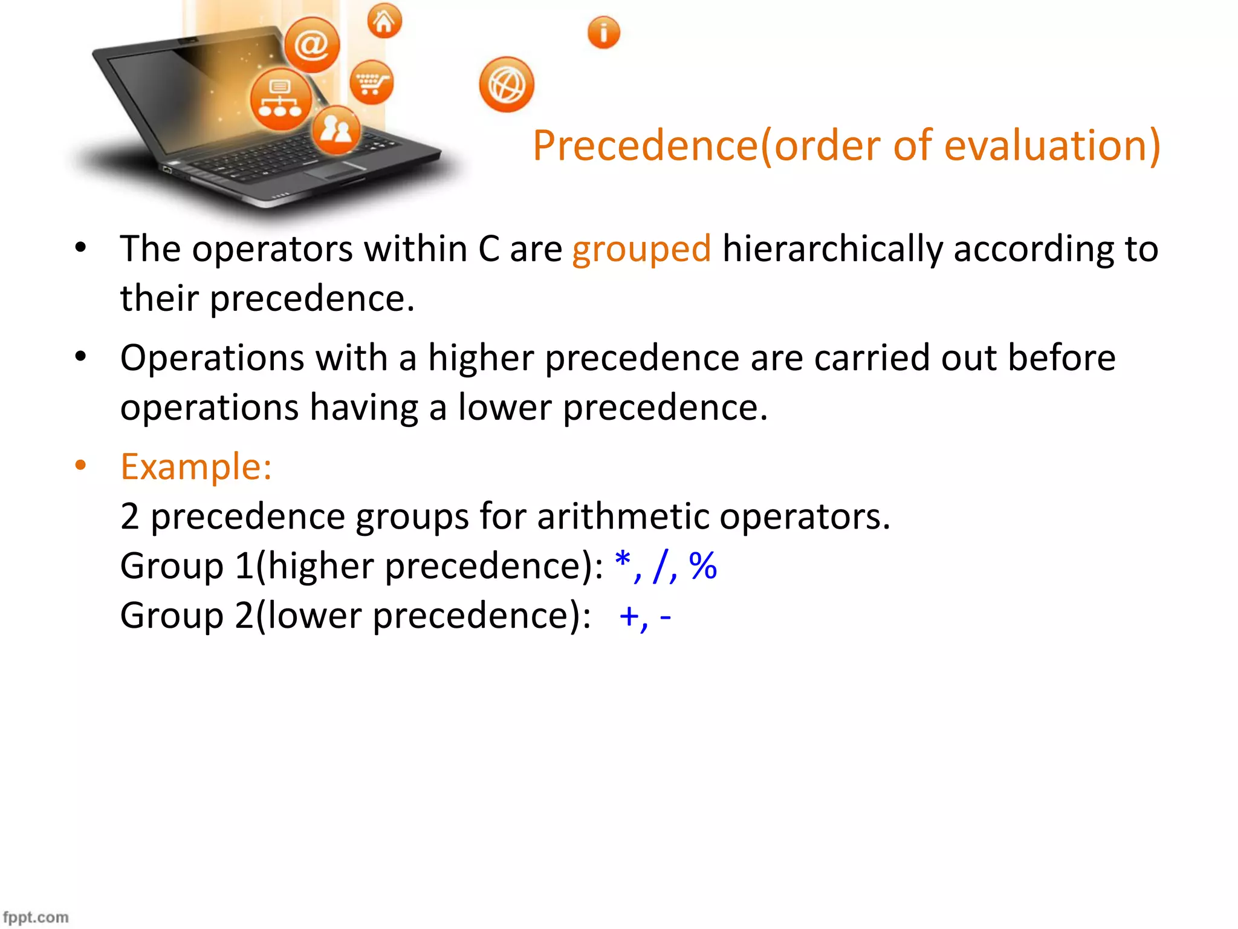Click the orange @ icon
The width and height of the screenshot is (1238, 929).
click(x=312, y=45)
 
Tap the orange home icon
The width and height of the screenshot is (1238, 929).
click(x=384, y=22)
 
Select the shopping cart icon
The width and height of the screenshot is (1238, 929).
click(x=371, y=82)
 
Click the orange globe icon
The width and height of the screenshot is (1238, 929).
click(x=507, y=85)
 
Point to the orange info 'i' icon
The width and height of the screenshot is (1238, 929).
click(x=603, y=32)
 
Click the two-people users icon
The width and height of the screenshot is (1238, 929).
click(x=336, y=129)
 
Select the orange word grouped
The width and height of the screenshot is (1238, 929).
click(x=641, y=249)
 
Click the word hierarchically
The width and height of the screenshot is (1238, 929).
click(x=832, y=249)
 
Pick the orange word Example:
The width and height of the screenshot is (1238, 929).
click(x=196, y=467)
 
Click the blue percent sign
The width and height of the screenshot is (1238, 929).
click(x=702, y=566)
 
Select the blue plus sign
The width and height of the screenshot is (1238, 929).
click(x=629, y=616)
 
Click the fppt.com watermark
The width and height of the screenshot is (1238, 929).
click(x=36, y=917)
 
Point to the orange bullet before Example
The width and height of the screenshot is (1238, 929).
click(x=80, y=466)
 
